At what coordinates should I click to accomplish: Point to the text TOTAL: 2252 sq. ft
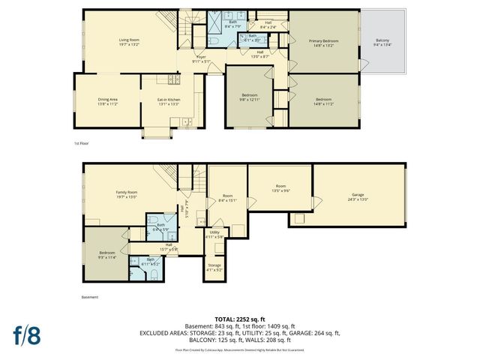240,318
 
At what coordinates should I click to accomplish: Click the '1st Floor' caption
82,142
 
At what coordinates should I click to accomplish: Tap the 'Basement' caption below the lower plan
89,297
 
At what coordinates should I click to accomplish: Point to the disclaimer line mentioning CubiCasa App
240,350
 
